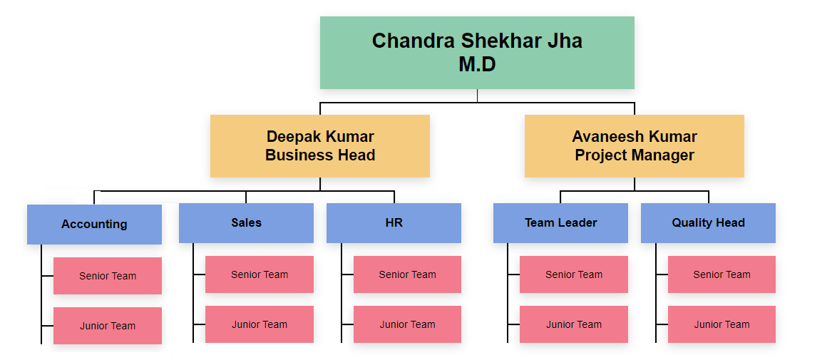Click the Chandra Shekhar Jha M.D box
coord(477,53)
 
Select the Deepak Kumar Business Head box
coord(320,145)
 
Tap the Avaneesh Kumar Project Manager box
coord(634,145)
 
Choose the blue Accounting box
coord(94,224)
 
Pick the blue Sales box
coord(246,222)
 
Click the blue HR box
coord(394,222)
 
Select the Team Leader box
coord(560,222)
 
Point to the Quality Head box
coord(708,222)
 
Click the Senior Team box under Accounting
coord(108,276)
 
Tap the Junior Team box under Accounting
coord(108,326)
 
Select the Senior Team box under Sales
coord(260,274)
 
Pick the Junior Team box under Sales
coord(260,324)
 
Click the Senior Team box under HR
coord(407,274)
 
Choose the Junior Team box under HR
coord(407,324)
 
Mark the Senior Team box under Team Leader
coord(574,274)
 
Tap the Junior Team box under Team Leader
coord(574,324)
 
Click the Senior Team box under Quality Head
coord(722,274)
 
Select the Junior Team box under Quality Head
coord(722,324)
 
